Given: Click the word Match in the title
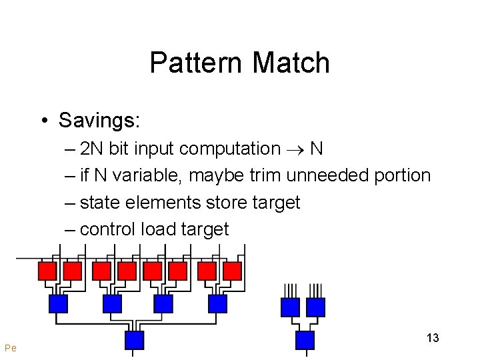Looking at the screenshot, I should [x=291, y=63].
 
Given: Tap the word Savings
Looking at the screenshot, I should [x=99, y=121].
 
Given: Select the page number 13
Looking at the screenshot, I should [x=433, y=338].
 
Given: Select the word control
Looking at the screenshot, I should [x=107, y=229].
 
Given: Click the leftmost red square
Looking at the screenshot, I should [x=47, y=271].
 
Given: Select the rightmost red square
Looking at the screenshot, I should [x=232, y=271].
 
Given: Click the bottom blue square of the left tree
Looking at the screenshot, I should [x=135, y=340].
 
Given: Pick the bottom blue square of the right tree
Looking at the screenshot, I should [x=305, y=340].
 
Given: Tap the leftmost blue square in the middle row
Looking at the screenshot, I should [x=59, y=304].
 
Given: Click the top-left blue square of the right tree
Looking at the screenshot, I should [x=290, y=307].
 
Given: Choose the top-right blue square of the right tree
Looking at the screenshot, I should [x=315, y=307].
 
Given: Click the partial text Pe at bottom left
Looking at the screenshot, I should [x=10, y=347].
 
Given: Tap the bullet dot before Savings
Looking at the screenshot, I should [x=43, y=121].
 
